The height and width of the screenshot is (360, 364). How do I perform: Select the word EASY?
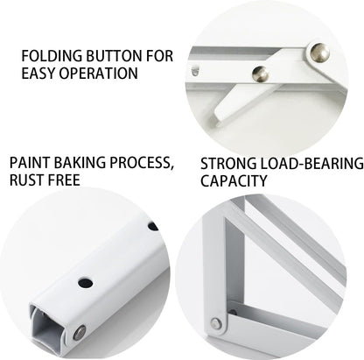click(x=38, y=73)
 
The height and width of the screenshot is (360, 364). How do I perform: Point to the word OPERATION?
click(x=98, y=73)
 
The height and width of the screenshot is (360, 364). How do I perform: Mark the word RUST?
click(x=28, y=180)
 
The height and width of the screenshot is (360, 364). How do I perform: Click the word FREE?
click(x=66, y=180)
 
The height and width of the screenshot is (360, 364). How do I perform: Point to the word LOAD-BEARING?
click(x=307, y=163)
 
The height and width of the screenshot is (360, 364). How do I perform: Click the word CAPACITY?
click(x=233, y=180)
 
